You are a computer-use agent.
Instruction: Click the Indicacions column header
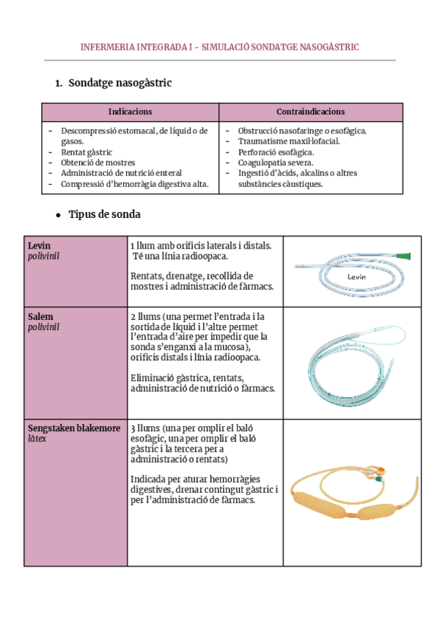pos(130,112)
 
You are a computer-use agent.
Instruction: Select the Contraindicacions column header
pos(310,112)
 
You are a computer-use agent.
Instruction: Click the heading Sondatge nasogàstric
pos(120,83)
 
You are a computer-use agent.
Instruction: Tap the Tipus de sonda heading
pos(104,214)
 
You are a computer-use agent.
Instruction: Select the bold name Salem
pos(40,316)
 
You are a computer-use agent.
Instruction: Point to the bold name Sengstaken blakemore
pos(73,428)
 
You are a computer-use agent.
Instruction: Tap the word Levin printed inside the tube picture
pos(356,277)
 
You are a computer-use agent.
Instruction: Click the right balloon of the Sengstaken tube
pos(384,510)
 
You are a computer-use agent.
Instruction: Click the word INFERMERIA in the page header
pos(108,48)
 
